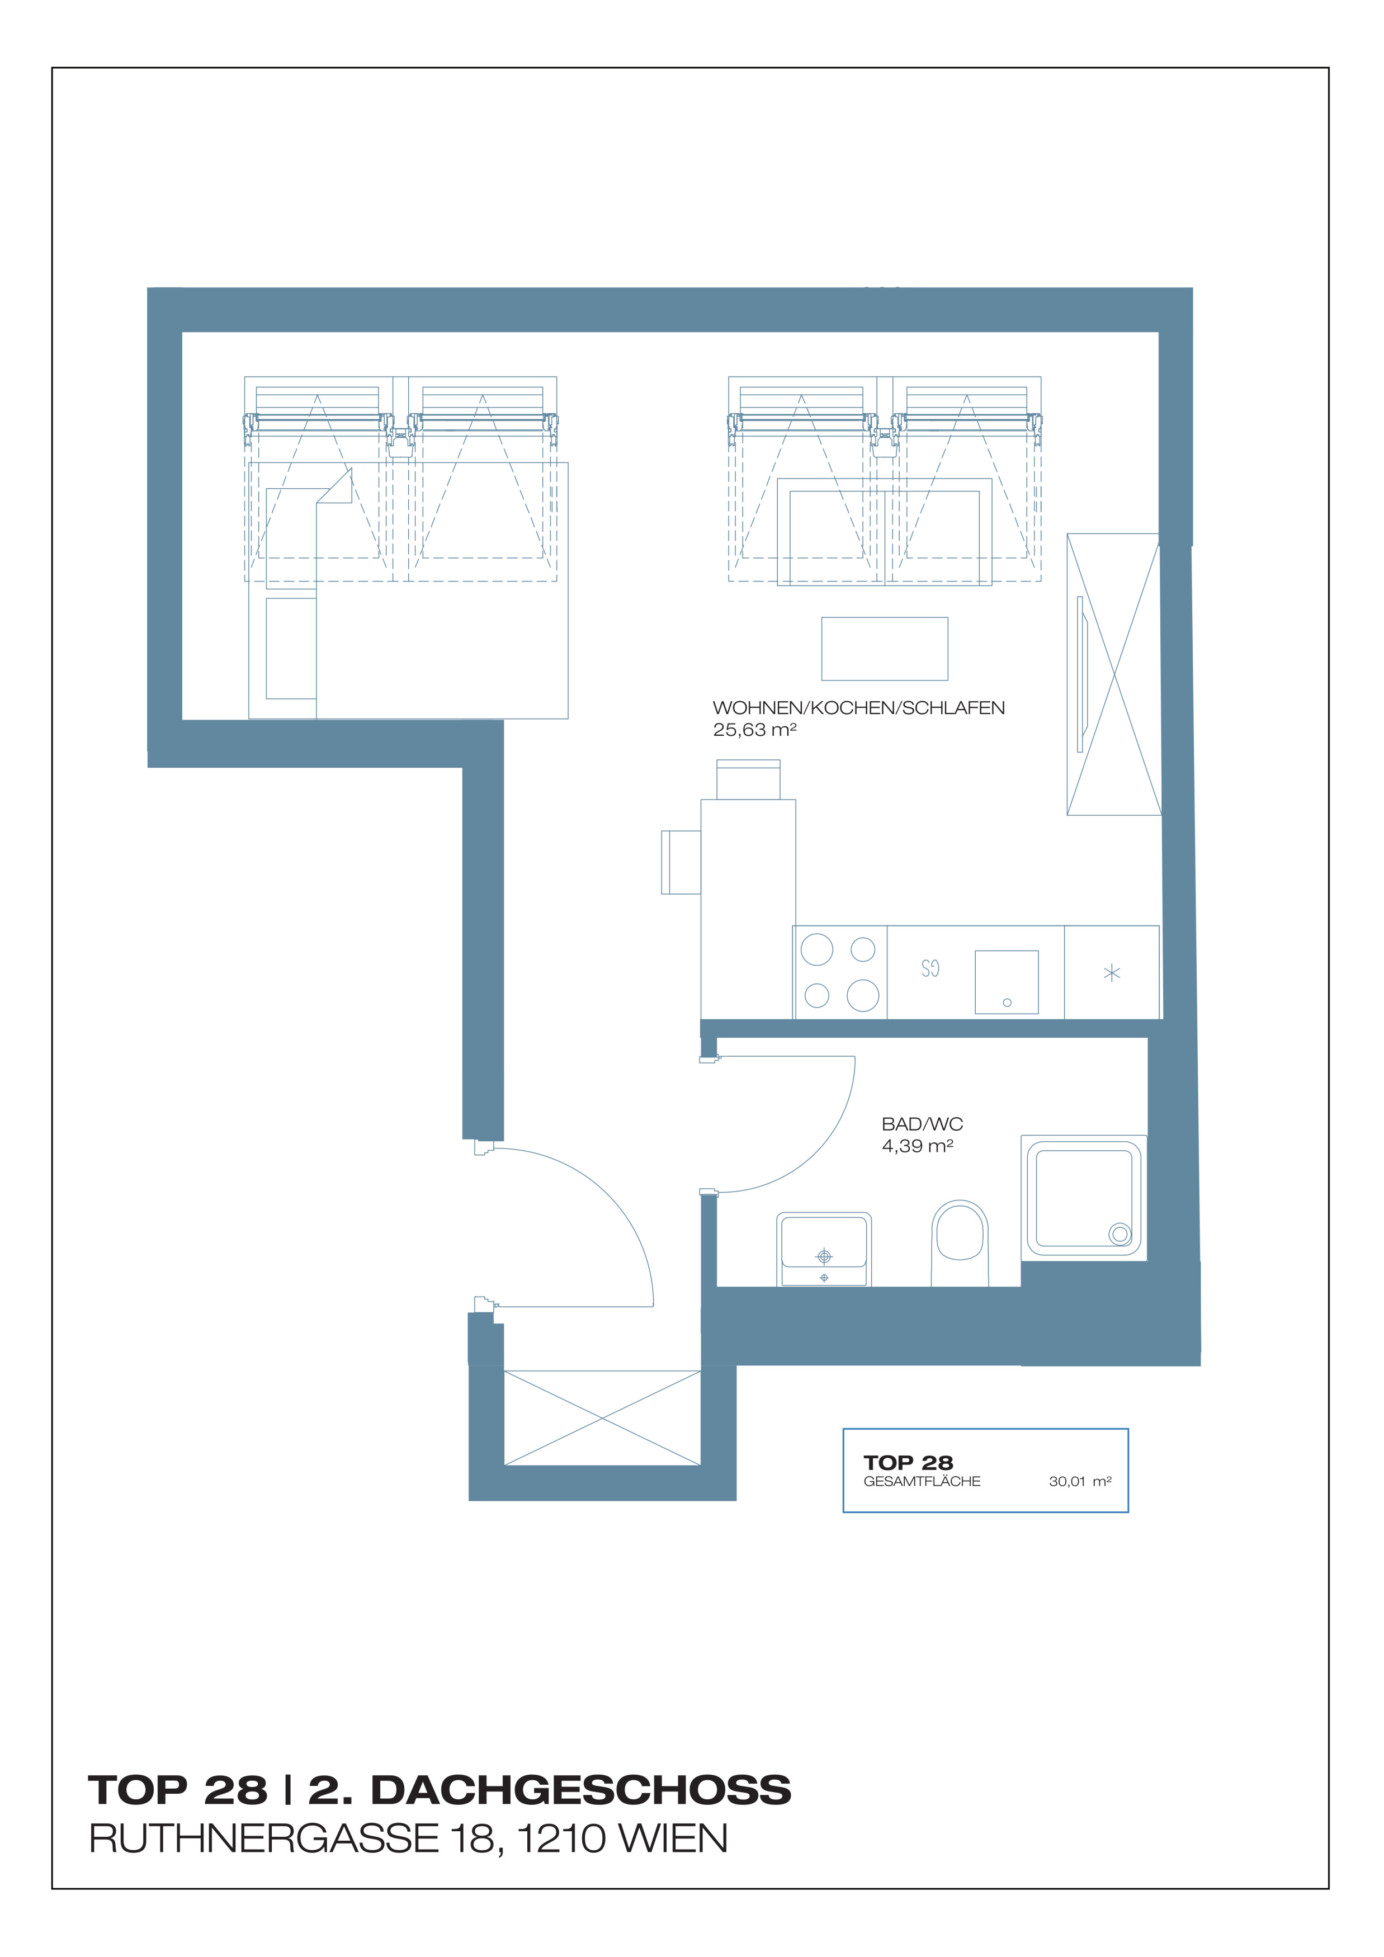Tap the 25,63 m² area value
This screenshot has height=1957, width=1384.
[x=754, y=730]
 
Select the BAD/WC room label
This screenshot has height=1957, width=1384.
[x=922, y=1124]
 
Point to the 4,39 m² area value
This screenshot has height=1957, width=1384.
[x=917, y=1146]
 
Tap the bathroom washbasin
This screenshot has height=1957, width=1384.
[x=823, y=1249]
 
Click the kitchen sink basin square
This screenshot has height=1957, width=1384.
[x=1007, y=982]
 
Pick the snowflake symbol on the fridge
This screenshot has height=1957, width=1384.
[x=1111, y=972]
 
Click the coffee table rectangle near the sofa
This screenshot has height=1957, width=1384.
[x=885, y=649]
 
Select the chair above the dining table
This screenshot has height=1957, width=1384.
[x=748, y=779]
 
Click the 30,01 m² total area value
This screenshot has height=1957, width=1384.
[x=1080, y=1481]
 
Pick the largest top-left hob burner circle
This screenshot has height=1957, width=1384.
[x=816, y=949]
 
